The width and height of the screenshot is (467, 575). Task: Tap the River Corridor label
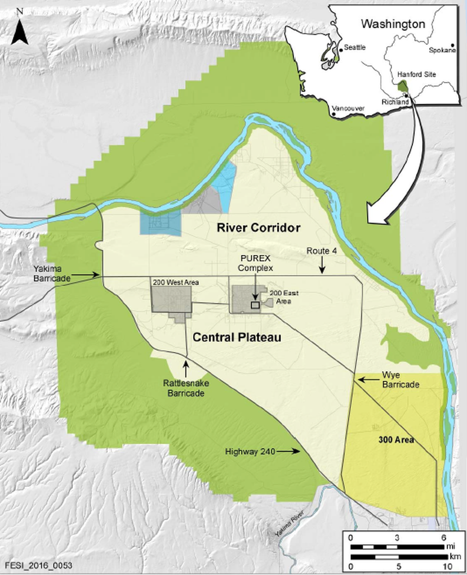[x=258, y=228]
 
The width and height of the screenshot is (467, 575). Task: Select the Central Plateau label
[x=237, y=337]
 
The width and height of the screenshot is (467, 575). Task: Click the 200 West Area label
[x=175, y=282]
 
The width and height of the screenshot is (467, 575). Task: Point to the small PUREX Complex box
[x=255, y=305]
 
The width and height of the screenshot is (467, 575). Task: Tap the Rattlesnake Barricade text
[x=186, y=388]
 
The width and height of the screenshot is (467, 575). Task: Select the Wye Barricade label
[x=400, y=380]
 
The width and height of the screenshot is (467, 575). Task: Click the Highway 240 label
[x=250, y=451]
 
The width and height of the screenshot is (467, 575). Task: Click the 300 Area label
[x=396, y=440]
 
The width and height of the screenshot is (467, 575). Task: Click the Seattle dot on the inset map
[x=341, y=50]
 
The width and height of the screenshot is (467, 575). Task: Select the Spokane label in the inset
[x=442, y=50]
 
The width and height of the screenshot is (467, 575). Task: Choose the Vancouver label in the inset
[x=348, y=109]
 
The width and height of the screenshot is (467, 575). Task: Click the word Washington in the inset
[x=393, y=24]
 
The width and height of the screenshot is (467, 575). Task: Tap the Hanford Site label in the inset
[x=417, y=75]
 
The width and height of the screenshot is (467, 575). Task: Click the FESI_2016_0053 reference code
[x=39, y=566]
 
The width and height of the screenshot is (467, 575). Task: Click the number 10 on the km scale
[x=447, y=566]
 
